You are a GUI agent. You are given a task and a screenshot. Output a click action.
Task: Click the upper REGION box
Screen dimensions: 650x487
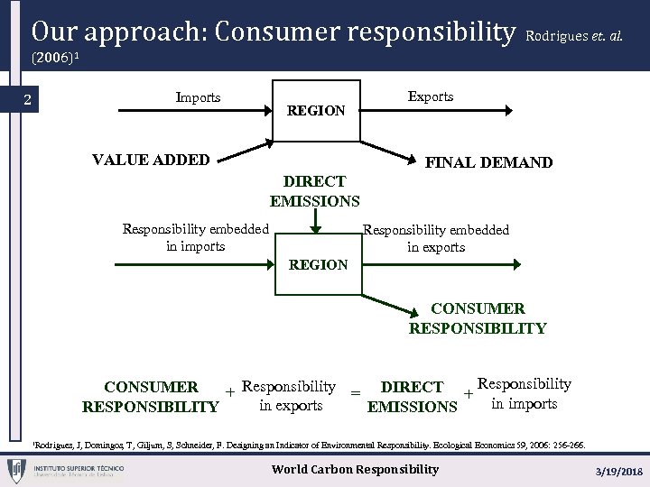point(316,110)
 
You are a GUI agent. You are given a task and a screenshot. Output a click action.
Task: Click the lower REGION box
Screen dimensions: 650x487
point(318,264)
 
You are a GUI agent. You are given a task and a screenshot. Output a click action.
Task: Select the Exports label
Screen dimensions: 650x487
point(431,96)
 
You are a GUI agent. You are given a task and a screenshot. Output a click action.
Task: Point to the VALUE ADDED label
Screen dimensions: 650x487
point(151,161)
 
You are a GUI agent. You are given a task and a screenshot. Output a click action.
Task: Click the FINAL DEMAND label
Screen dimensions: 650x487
point(488,162)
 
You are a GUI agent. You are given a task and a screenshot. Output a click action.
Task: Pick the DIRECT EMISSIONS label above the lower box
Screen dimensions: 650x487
point(314,191)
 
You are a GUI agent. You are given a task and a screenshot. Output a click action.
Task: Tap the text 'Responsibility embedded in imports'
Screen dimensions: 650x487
point(196,237)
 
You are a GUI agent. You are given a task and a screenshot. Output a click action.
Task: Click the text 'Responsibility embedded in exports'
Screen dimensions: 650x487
point(436,238)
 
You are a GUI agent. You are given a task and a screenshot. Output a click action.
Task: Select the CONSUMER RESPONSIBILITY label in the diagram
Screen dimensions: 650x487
point(478,318)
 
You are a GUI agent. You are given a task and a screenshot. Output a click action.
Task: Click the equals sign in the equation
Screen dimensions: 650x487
point(356,393)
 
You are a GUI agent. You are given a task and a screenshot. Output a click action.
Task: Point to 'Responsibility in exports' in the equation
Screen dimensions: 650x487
point(290,395)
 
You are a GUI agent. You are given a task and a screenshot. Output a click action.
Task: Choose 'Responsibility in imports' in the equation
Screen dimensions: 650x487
point(524,393)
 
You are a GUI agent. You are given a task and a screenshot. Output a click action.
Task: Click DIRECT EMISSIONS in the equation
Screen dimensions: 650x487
point(413,397)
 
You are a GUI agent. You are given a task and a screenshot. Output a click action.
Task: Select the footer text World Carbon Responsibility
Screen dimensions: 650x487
point(355,469)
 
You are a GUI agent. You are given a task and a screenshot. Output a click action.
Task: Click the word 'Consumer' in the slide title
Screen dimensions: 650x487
point(290,32)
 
